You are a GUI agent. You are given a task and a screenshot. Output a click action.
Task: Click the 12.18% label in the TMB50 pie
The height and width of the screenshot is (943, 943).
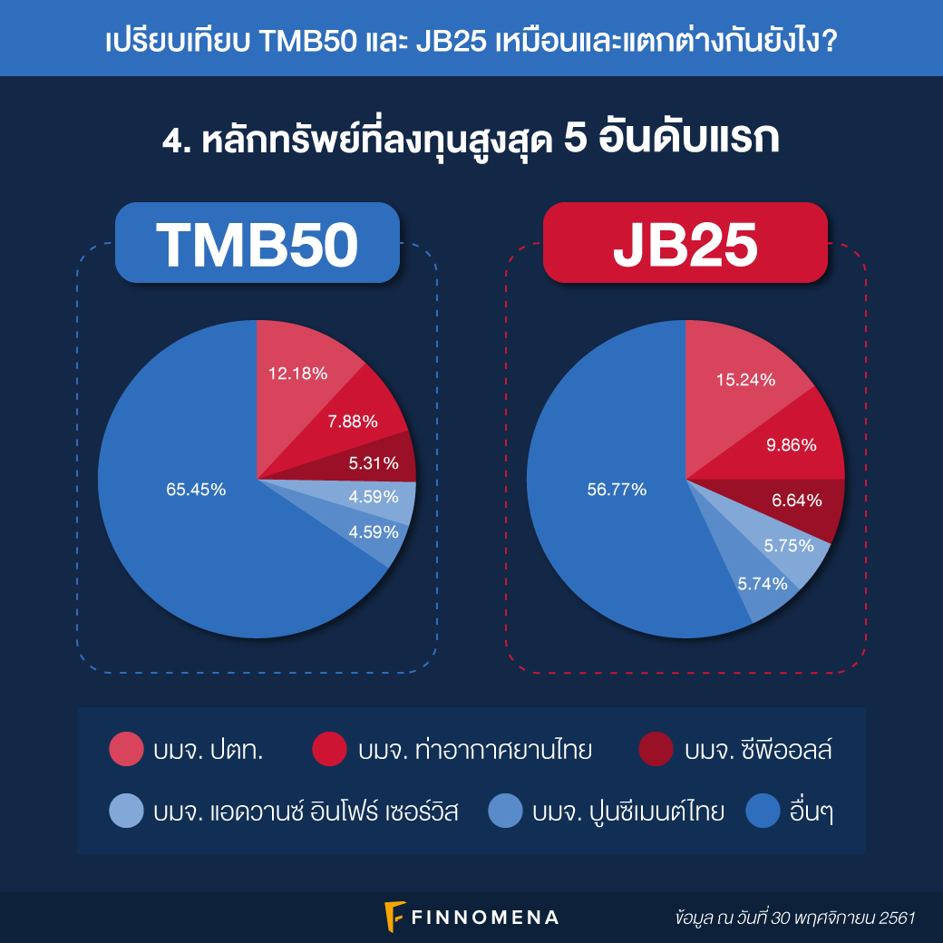pos(297,374)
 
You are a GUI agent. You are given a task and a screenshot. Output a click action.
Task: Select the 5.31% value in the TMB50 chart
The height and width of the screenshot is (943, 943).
pos(374,463)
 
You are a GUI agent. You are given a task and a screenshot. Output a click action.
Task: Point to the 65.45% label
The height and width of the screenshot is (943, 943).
pos(196,490)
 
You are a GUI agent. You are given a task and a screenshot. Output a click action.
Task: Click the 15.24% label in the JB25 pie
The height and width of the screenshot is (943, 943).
pos(745,380)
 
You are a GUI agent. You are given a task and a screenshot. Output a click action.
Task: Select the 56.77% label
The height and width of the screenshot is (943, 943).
pos(617,490)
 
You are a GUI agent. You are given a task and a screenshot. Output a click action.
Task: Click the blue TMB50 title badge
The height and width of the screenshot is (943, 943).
pos(257,243)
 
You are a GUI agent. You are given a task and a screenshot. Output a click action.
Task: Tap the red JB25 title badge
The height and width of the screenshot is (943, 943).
pos(685,243)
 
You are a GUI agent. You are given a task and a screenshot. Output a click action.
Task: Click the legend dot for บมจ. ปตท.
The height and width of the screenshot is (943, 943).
pos(126,750)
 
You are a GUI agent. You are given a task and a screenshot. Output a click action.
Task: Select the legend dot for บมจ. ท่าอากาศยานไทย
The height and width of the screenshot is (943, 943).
pos(329,750)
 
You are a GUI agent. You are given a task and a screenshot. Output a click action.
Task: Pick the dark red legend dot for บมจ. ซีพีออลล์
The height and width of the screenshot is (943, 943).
pos(656,750)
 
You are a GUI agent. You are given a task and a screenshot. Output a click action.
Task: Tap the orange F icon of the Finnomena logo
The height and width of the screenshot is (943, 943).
pos(394,916)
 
